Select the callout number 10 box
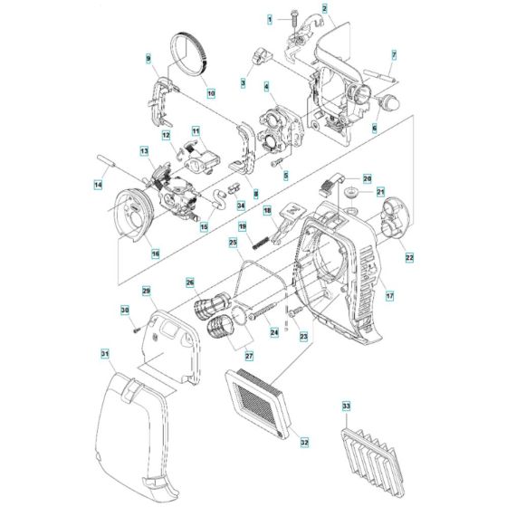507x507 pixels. (211, 91)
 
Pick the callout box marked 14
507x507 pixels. (99, 186)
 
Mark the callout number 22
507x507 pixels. (409, 258)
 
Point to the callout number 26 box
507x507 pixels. (190, 282)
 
